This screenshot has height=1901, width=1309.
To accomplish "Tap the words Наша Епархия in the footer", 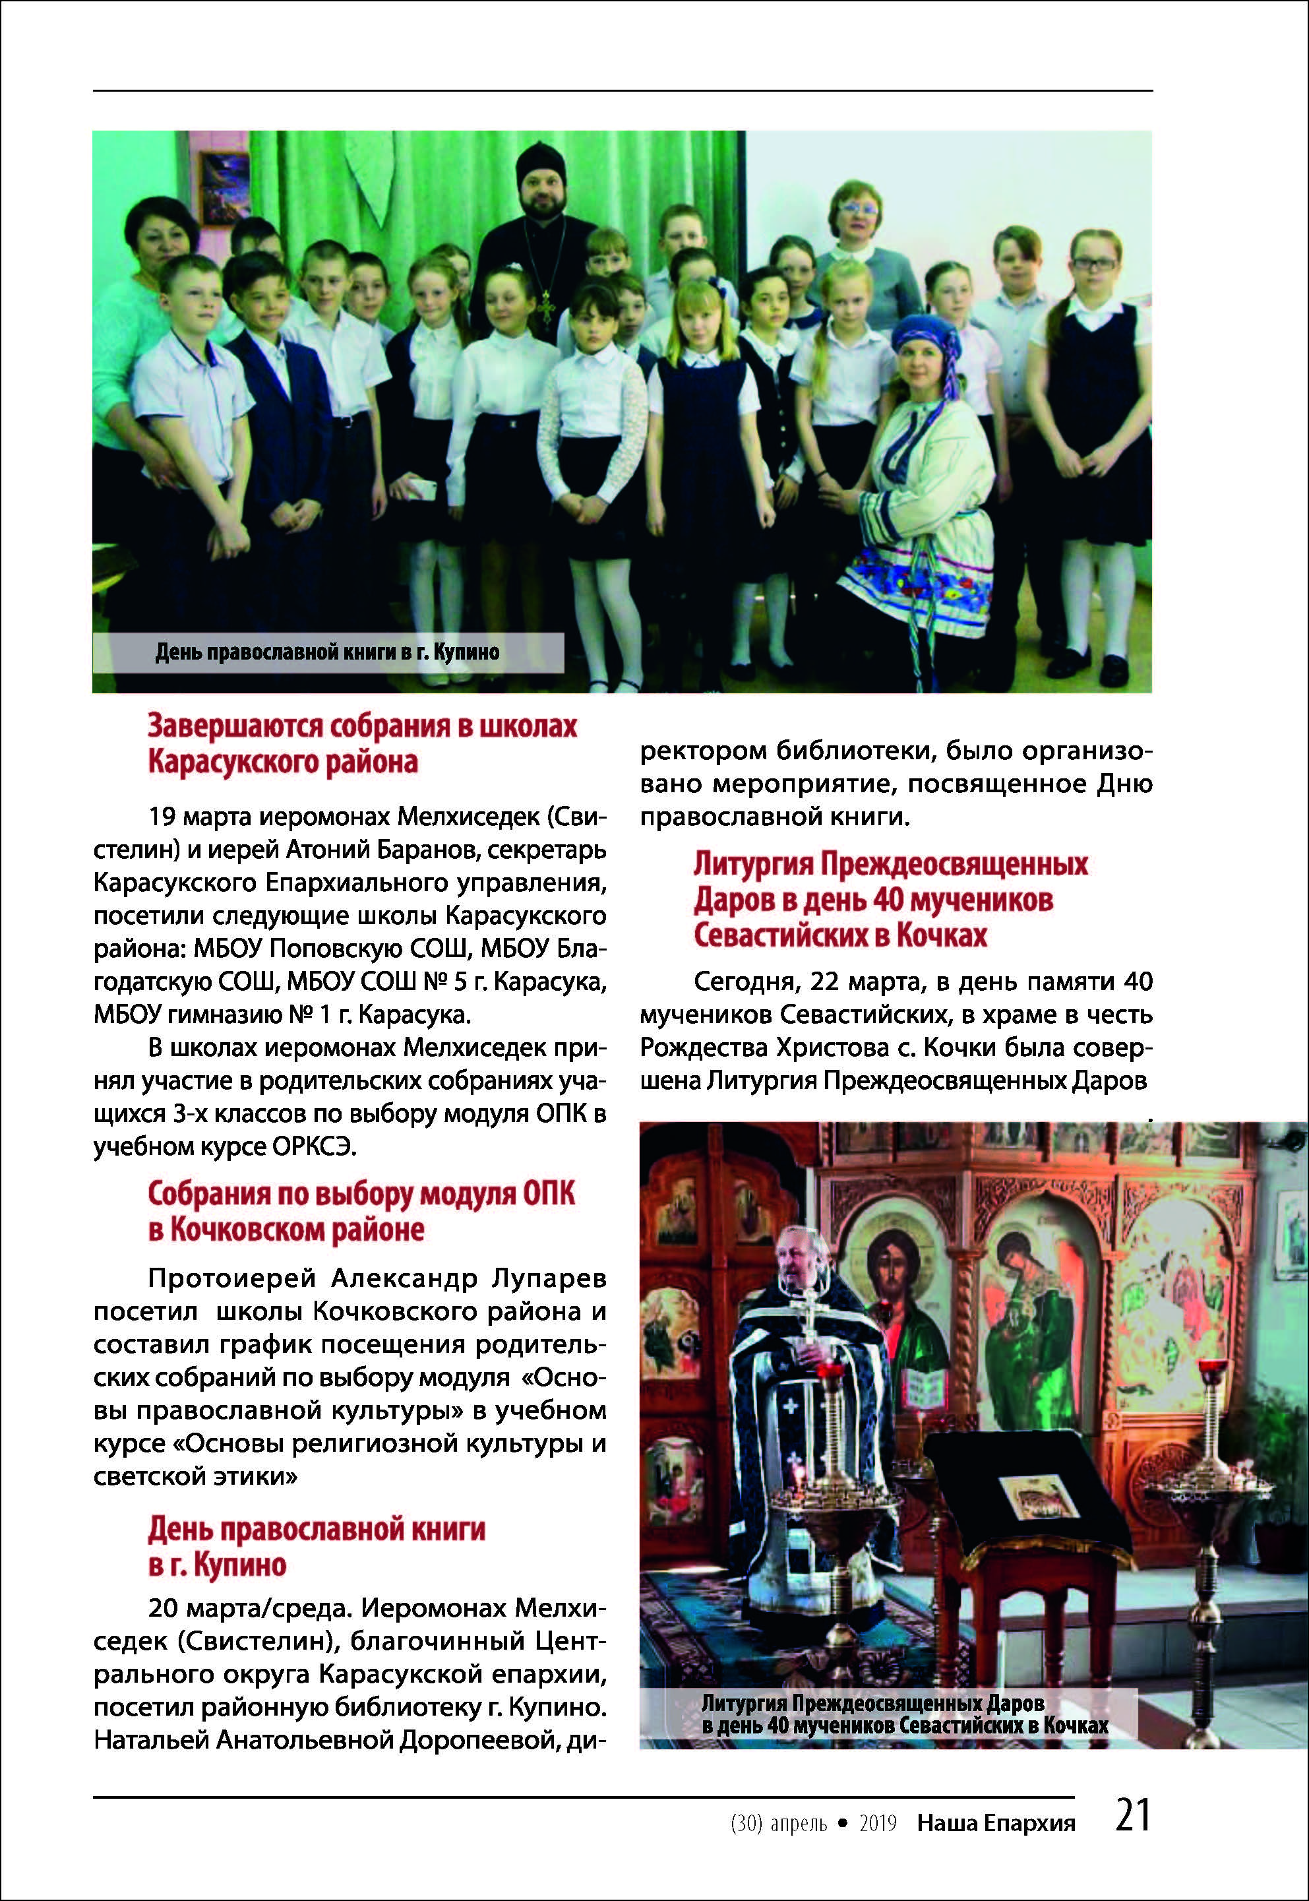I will [x=996, y=1824].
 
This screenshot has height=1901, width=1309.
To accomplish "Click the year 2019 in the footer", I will [x=878, y=1824].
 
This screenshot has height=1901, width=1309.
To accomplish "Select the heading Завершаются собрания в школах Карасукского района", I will [x=363, y=743].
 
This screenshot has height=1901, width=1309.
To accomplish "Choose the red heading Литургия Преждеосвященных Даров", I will [x=890, y=899].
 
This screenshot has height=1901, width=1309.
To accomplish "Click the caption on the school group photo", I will [x=327, y=652].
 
